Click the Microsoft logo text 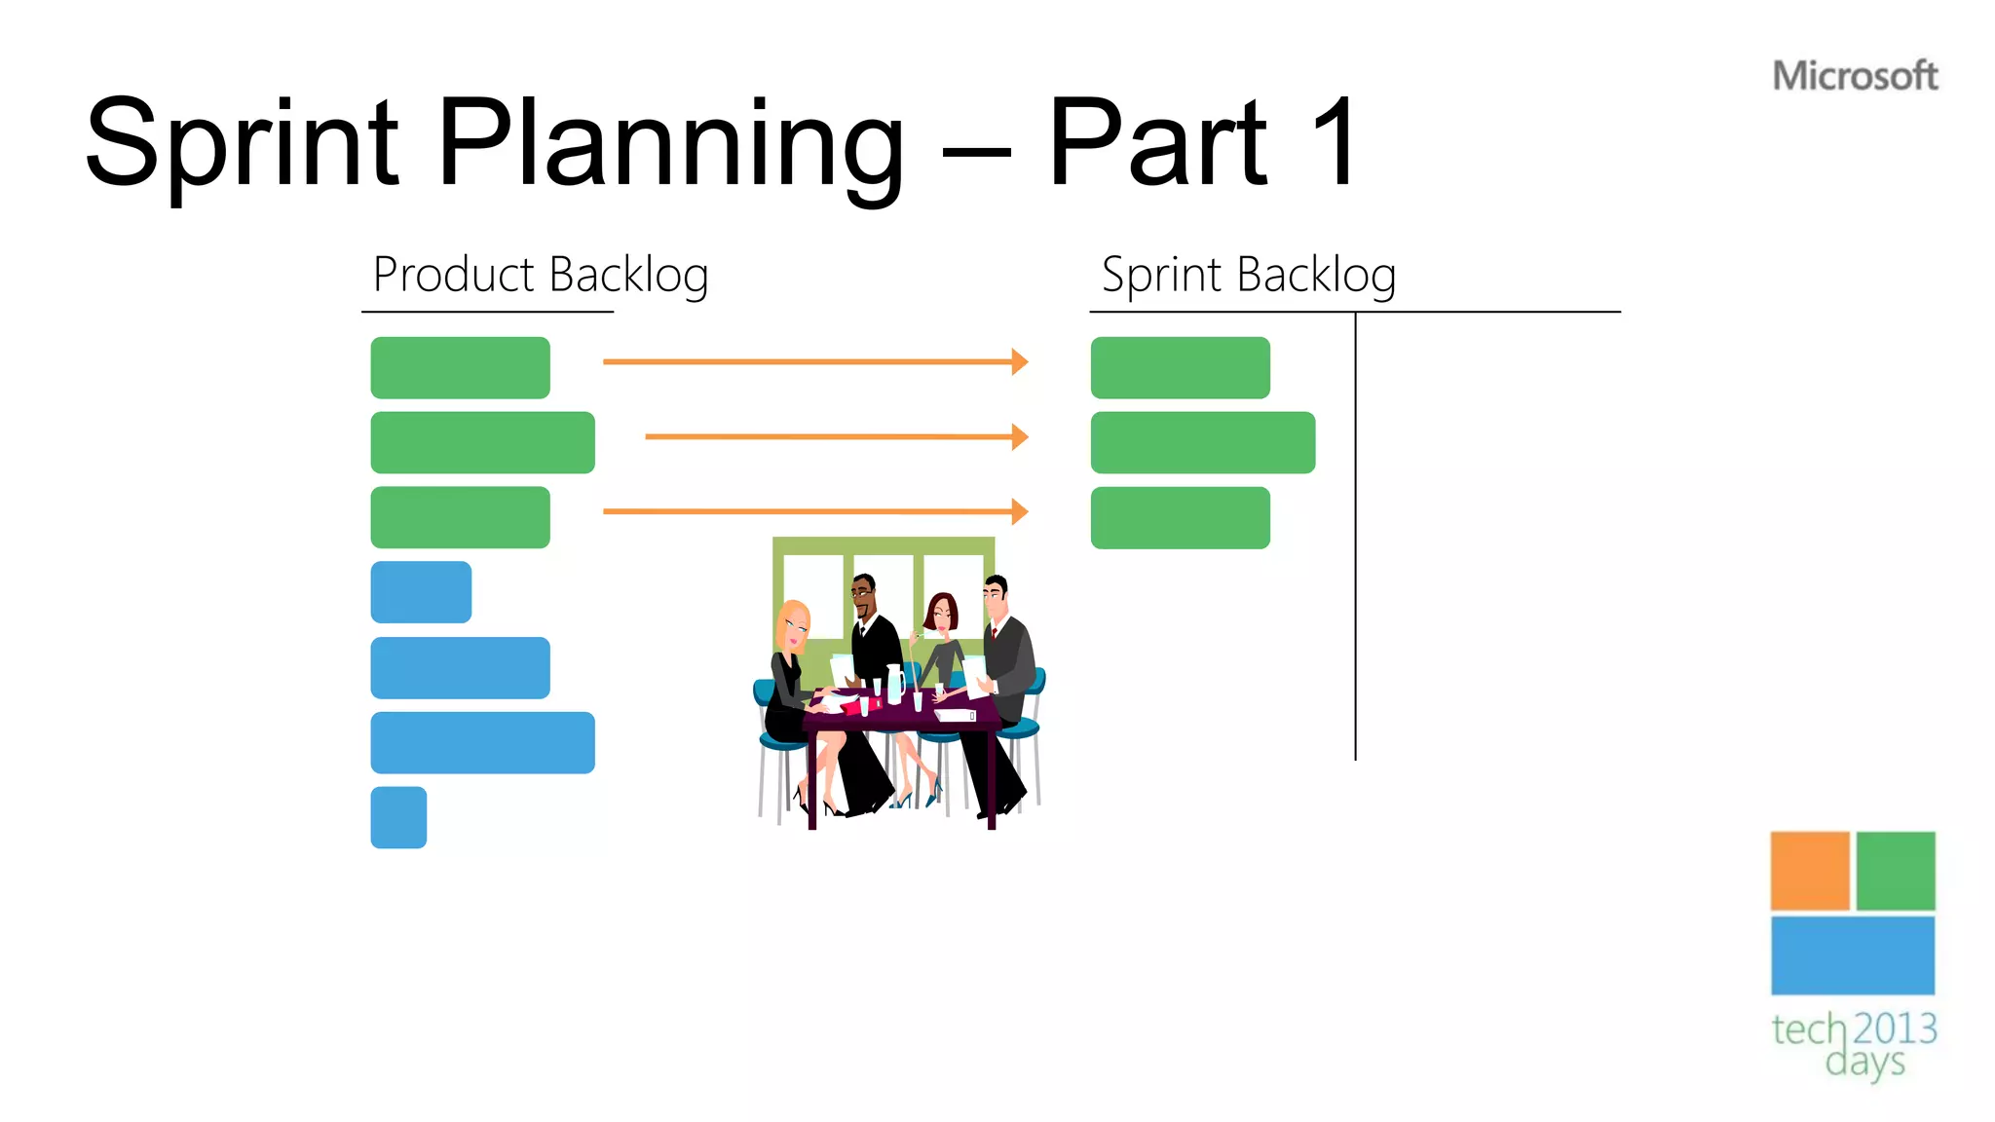click(x=1855, y=76)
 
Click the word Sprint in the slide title click(x=242, y=144)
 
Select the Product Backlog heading click(x=541, y=275)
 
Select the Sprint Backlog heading click(x=1249, y=275)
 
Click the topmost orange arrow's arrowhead click(x=1020, y=361)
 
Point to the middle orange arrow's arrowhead click(x=1020, y=436)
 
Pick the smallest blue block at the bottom click(x=398, y=817)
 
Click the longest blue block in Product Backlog click(x=482, y=742)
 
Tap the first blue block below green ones click(x=421, y=592)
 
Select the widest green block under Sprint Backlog click(x=1202, y=442)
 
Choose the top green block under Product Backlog click(x=460, y=367)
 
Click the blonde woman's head click(x=794, y=623)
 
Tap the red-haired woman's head click(x=941, y=613)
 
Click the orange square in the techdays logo click(x=1809, y=871)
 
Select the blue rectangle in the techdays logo click(x=1852, y=955)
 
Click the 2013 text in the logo click(x=1895, y=1028)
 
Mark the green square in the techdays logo click(x=1895, y=871)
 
